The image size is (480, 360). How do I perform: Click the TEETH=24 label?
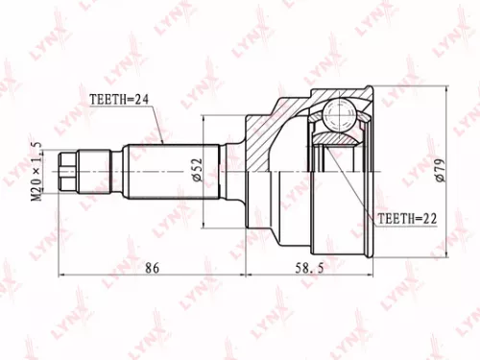click(122, 98)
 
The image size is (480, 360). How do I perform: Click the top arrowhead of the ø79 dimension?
click(445, 92)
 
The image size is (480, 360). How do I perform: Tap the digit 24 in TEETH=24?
click(144, 98)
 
